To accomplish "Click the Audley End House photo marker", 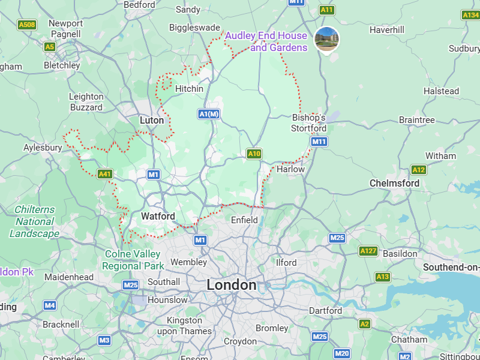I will [x=327, y=39].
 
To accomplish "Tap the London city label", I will [x=232, y=285].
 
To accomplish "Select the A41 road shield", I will [x=105, y=174].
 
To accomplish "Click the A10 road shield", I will [x=254, y=154].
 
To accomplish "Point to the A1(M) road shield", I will [x=209, y=113].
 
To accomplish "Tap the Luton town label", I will [x=152, y=120].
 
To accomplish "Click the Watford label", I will [x=158, y=216].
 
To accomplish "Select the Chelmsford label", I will [x=394, y=183].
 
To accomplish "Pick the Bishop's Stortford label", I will [x=309, y=123].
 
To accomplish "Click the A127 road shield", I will [x=368, y=251].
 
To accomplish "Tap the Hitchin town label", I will [x=189, y=89].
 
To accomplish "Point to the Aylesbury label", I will [x=43, y=148].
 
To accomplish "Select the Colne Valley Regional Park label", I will [x=134, y=260].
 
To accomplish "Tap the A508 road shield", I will [x=26, y=25].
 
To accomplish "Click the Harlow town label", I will [x=290, y=169].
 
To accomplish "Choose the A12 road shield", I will [x=419, y=170].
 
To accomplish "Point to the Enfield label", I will [x=244, y=220].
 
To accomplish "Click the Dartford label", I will [x=325, y=310].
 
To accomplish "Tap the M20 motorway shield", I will [x=341, y=354].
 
